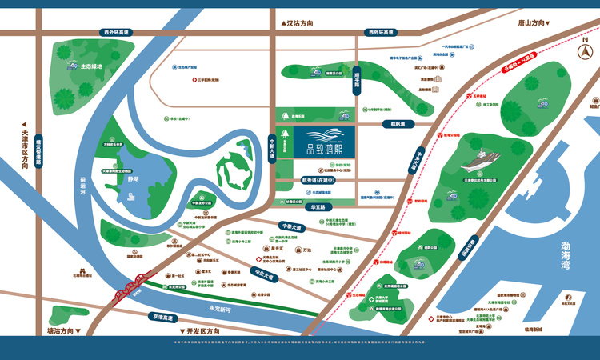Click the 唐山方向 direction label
tap(529, 23)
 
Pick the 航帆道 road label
tap(398, 124)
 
